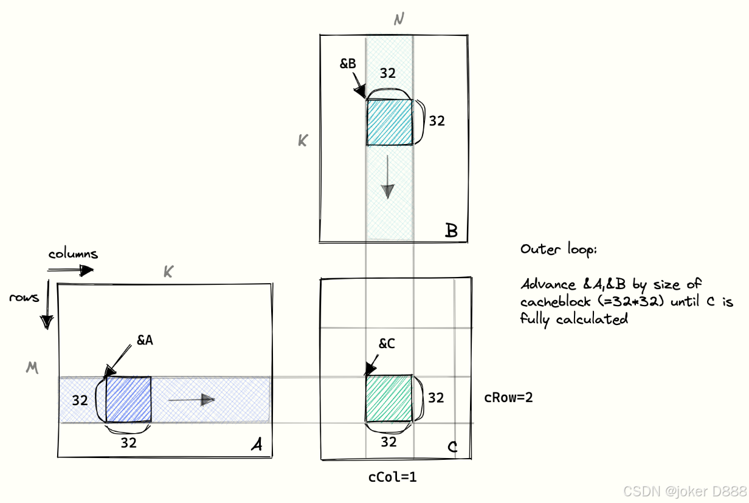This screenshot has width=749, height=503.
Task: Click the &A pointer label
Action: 144,341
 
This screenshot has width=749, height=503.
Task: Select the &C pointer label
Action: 387,344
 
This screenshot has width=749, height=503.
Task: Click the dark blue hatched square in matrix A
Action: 128,399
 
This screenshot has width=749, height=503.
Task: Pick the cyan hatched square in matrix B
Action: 389,122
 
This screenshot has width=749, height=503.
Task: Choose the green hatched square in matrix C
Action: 389,399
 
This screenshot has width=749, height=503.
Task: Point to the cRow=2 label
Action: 508,397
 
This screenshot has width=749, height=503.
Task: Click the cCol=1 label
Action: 392,477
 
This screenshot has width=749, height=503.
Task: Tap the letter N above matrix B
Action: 399,19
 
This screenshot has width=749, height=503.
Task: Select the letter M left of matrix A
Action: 32,368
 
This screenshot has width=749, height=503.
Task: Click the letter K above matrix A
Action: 168,273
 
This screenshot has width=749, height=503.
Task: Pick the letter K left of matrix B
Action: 302,141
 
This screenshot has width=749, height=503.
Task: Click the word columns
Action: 73,254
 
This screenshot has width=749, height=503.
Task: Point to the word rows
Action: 24,297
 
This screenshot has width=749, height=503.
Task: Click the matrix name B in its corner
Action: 451,231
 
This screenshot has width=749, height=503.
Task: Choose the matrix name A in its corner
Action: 257,446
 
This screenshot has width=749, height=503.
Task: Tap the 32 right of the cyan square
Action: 437,121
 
